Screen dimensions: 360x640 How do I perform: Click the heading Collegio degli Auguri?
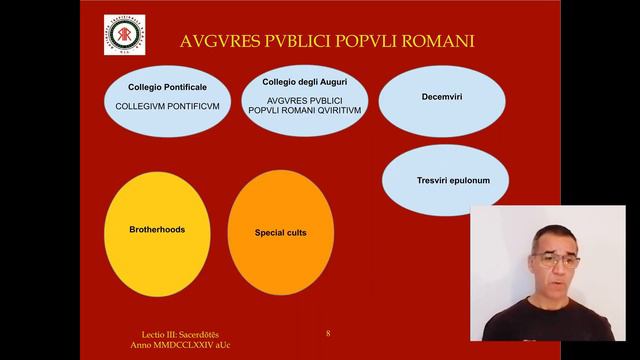point(305,81)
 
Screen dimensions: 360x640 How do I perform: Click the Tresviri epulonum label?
point(447,181)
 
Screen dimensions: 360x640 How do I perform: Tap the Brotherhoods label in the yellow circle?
point(157,229)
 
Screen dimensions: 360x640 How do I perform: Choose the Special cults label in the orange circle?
point(280,232)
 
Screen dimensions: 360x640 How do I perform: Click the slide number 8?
point(328,332)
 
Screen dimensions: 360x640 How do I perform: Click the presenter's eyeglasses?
point(554,259)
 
